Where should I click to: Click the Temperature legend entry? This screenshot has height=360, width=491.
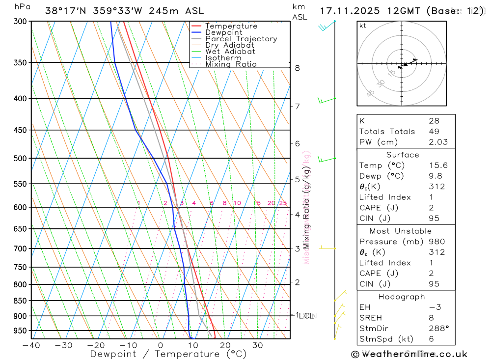point(231,26)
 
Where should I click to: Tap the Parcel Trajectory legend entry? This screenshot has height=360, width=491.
point(241,39)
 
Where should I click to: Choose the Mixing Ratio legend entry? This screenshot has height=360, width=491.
point(231,64)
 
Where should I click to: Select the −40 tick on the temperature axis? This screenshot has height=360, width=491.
point(31,345)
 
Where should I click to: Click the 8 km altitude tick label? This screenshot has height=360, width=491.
point(297,68)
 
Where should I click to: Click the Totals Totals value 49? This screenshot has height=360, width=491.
point(434,131)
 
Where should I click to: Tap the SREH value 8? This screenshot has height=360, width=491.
point(431,318)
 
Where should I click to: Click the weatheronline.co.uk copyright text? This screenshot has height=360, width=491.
point(409,354)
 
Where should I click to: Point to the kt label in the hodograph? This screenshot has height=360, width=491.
point(363,26)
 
